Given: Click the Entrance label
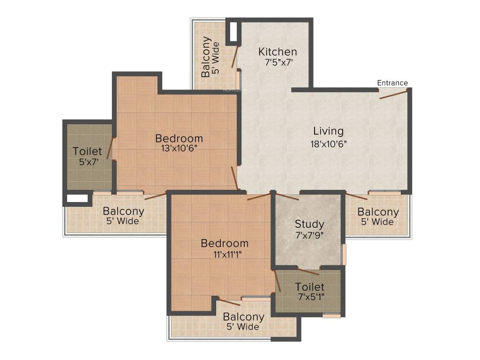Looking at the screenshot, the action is click(392, 83).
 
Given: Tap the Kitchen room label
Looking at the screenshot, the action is click(277, 52).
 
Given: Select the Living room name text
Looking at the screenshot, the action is click(328, 131).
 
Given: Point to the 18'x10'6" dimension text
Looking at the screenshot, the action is click(329, 143).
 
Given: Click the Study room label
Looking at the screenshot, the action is click(309, 225).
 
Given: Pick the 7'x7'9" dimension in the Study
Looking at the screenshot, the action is click(309, 235).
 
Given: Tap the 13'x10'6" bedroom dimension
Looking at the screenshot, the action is click(179, 149).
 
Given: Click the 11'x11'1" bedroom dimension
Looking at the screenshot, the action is click(227, 255).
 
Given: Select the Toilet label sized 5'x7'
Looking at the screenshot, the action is click(87, 151).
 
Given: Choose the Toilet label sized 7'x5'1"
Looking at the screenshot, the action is click(309, 287).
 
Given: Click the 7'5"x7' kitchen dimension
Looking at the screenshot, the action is click(279, 62).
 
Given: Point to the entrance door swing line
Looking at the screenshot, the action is click(394, 94).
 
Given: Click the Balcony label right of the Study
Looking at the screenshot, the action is click(378, 212).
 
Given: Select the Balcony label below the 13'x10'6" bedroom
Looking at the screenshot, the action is click(123, 211).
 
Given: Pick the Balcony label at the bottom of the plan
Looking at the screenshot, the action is click(244, 317).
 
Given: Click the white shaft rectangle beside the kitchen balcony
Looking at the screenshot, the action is click(233, 32).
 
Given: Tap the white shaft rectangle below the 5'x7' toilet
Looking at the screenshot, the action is click(77, 198).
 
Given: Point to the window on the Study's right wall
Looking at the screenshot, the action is click(344, 254).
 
